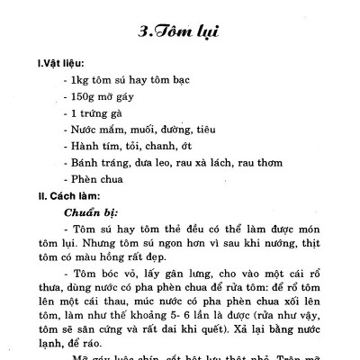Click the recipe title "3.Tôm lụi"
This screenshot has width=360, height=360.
[x=181, y=33]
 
